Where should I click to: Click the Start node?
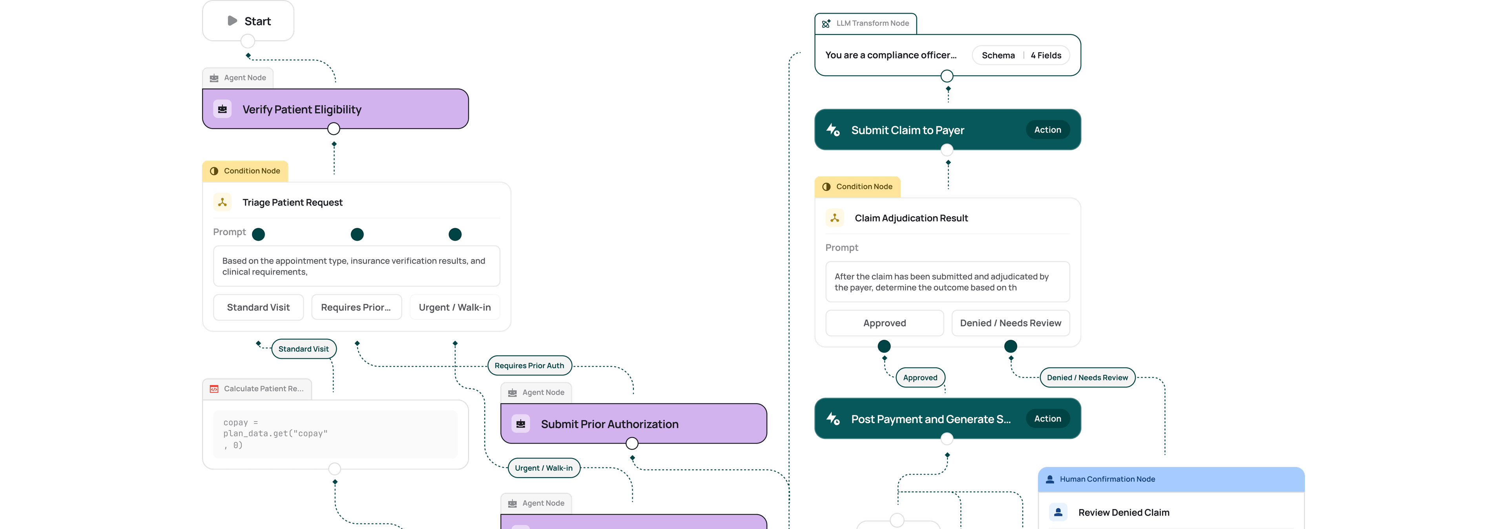pos(248,20)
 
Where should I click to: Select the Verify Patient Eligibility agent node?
pos(335,109)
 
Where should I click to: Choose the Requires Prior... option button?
pos(356,307)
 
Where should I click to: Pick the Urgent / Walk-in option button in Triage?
pos(454,307)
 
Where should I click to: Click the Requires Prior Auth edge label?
pos(529,365)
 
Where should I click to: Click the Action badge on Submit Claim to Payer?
pos(1047,130)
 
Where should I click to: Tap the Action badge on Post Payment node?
pos(1047,418)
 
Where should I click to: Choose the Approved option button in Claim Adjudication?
pos(885,323)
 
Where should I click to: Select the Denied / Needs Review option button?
pos(1010,323)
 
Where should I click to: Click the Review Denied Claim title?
pos(1124,513)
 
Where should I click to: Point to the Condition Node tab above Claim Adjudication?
pos(857,187)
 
